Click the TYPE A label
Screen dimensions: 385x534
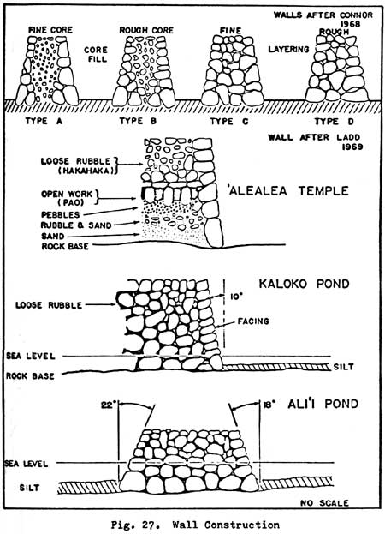44,121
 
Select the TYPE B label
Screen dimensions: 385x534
138,121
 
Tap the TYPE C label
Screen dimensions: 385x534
229,121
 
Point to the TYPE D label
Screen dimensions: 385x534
334,121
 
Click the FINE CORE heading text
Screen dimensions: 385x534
50,30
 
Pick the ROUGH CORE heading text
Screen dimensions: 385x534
146,30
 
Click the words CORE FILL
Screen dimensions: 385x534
96,55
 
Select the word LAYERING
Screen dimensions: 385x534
289,50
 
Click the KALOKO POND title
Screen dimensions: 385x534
304,284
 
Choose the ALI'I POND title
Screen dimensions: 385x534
323,404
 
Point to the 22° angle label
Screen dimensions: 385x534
109,405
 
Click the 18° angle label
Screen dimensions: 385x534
269,405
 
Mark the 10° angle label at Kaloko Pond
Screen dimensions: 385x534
235,297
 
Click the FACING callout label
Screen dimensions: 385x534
253,321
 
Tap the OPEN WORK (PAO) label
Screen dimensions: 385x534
67,198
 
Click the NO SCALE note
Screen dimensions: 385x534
324,503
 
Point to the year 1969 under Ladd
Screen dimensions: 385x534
352,147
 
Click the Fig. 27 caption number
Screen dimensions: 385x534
137,525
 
